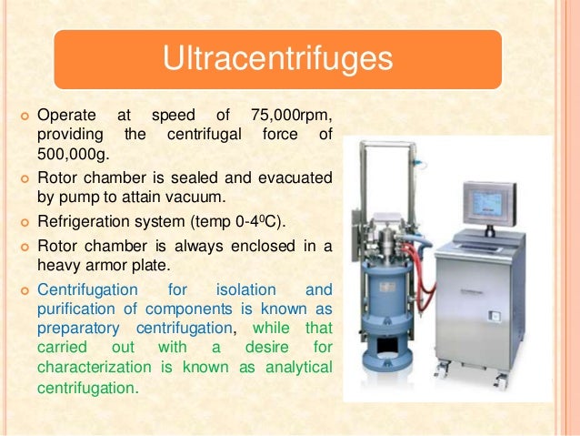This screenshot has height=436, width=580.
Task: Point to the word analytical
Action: pos(299,367)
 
